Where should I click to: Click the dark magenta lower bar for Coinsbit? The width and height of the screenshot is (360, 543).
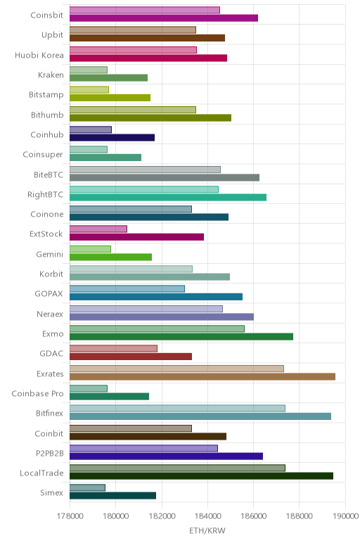tap(164, 18)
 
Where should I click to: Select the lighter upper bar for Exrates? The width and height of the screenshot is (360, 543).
tap(176, 369)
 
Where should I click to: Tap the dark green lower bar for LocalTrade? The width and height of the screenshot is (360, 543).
tap(202, 475)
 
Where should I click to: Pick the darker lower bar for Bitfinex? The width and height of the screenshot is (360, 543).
tap(200, 416)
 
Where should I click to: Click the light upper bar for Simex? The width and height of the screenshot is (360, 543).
tap(87, 487)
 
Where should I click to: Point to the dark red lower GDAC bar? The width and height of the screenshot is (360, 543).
tap(131, 357)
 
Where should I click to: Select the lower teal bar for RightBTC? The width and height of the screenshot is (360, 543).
tap(168, 198)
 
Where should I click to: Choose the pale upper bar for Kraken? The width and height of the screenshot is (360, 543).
tap(89, 70)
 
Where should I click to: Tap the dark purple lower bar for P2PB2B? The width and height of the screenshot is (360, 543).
tap(166, 456)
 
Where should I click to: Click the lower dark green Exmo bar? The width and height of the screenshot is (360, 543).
tap(181, 337)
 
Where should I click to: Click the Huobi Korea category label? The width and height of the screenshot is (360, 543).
tap(39, 55)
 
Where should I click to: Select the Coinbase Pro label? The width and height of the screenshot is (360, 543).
tap(37, 394)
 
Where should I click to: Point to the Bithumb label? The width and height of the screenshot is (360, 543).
tap(47, 115)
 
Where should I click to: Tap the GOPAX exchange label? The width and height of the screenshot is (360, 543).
tap(49, 294)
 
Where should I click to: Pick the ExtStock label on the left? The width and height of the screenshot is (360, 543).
tap(46, 234)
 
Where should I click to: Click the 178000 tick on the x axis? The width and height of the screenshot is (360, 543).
tap(70, 516)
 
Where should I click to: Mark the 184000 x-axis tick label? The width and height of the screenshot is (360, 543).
tap(207, 516)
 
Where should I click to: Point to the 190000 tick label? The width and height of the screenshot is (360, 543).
tap(345, 516)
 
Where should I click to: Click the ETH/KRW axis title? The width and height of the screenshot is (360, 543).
tap(207, 530)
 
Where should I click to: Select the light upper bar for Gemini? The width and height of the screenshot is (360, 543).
tap(90, 249)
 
